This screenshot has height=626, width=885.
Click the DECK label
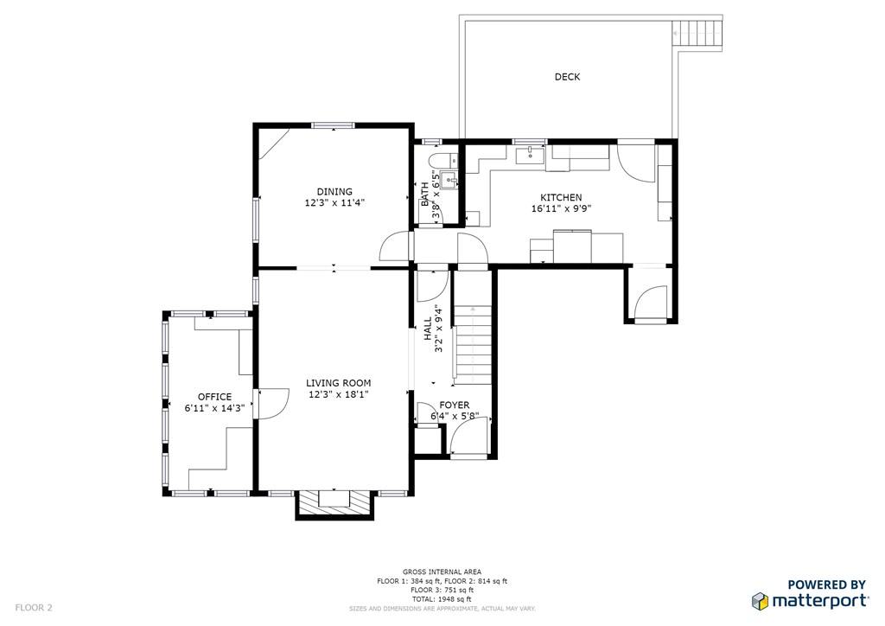coord(567,77)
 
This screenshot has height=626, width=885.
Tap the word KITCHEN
coord(561,197)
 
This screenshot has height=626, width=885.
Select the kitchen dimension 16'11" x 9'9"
coord(561,208)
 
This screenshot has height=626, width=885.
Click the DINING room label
coord(334,192)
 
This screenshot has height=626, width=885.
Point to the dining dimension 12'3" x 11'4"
coord(334,202)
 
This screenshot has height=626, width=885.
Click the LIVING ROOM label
coord(339,383)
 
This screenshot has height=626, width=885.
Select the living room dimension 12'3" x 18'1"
coord(339,394)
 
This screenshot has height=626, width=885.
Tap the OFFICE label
coord(214,397)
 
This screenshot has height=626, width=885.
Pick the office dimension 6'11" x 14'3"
coord(214,407)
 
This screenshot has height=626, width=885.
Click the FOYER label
coord(455,406)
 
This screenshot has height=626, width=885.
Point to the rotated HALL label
coord(428,329)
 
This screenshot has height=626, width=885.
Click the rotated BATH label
coord(424,195)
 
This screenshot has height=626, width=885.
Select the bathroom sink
coord(449,179)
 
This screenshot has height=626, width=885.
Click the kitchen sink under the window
coord(530,155)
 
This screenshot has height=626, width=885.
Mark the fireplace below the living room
coord(334,503)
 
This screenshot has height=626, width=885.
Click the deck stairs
coord(697,35)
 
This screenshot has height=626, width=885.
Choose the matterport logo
coord(811,594)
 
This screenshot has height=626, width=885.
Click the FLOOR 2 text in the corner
coord(34,608)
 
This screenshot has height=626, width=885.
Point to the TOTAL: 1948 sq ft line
coord(442,599)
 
